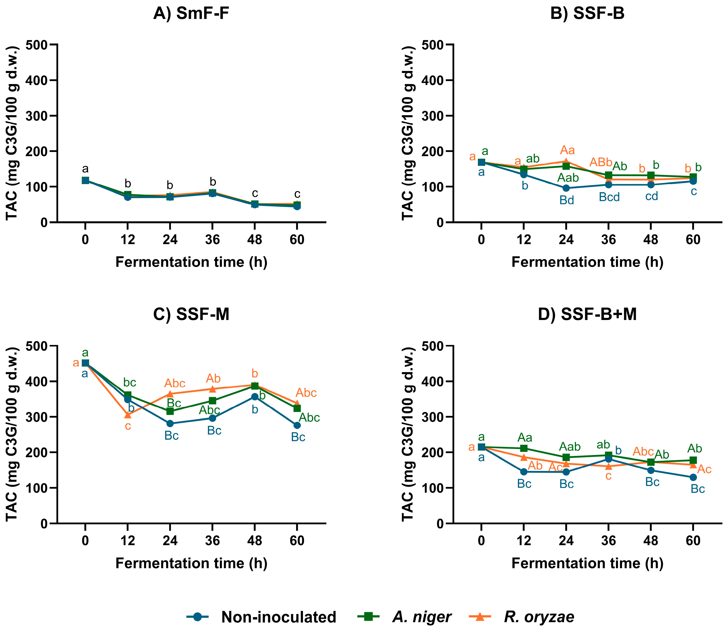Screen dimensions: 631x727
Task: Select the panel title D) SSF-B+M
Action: [x=587, y=314]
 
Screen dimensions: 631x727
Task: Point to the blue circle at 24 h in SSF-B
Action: [x=566, y=188]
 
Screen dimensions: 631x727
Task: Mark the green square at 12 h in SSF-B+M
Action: [x=524, y=448]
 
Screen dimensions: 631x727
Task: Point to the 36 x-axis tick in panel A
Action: [x=212, y=240]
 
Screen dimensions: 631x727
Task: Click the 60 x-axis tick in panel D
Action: [x=693, y=540]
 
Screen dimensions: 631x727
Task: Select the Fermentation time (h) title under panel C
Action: [x=191, y=563]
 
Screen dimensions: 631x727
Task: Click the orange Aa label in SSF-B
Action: [x=567, y=151]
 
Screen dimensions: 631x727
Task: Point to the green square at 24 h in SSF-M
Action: [x=170, y=411]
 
